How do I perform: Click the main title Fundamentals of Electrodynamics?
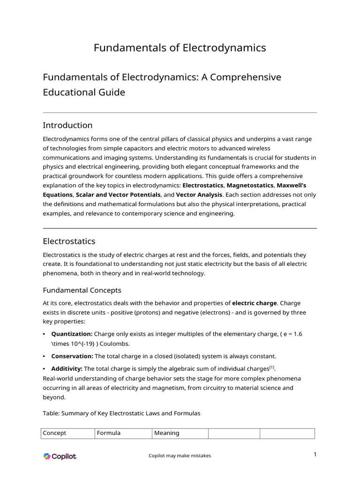(x=180, y=48)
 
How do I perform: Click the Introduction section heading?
(x=67, y=125)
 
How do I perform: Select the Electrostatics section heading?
(x=69, y=241)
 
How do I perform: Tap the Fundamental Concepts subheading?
(x=82, y=290)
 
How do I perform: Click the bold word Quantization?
(x=72, y=334)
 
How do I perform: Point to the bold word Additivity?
(x=67, y=369)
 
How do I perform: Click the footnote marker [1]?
(x=272, y=367)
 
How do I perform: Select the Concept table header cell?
(x=54, y=433)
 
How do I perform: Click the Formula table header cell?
(x=109, y=433)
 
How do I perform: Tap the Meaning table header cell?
(x=167, y=433)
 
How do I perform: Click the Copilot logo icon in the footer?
(x=47, y=456)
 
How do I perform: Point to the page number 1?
(x=315, y=454)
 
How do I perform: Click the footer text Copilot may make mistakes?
(x=180, y=456)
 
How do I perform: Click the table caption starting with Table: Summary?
(x=121, y=413)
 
